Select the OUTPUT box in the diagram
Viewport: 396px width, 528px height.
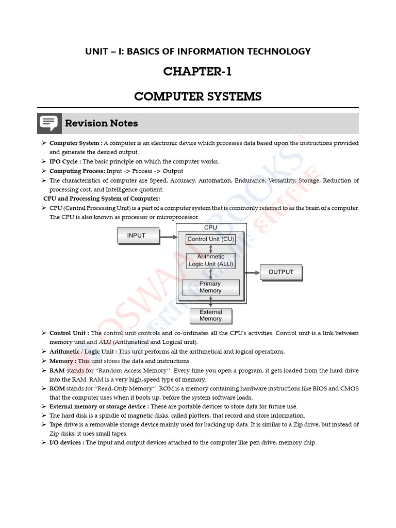pyautogui.click(x=280, y=272)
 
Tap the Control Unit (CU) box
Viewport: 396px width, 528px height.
pyautogui.click(x=210, y=239)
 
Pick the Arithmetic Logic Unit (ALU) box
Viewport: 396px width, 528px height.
pyautogui.click(x=210, y=260)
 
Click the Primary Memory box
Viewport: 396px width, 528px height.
pyautogui.click(x=210, y=287)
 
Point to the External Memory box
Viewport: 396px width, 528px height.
pyautogui.click(x=210, y=316)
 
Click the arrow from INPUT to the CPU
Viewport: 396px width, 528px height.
pyautogui.click(x=168, y=238)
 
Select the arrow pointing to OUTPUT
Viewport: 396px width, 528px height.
pyautogui.click(x=252, y=272)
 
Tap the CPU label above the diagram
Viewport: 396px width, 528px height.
pyautogui.click(x=210, y=227)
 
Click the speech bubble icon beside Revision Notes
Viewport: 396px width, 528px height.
pyautogui.click(x=49, y=123)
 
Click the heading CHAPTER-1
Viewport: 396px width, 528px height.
pyautogui.click(x=197, y=72)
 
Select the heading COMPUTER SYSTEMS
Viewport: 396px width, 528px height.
pyautogui.click(x=197, y=96)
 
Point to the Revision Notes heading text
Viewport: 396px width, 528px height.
pyautogui.click(x=101, y=123)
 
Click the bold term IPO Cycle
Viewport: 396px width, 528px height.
pyautogui.click(x=65, y=161)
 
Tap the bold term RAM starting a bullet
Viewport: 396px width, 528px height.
pyautogui.click(x=57, y=370)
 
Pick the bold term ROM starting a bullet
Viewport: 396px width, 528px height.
pyautogui.click(x=57, y=388)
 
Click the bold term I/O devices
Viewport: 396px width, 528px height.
pyautogui.click(x=67, y=442)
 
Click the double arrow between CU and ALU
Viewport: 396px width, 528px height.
pyautogui.click(x=210, y=249)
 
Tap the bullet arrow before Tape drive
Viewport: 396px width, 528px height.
pyautogui.click(x=44, y=424)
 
